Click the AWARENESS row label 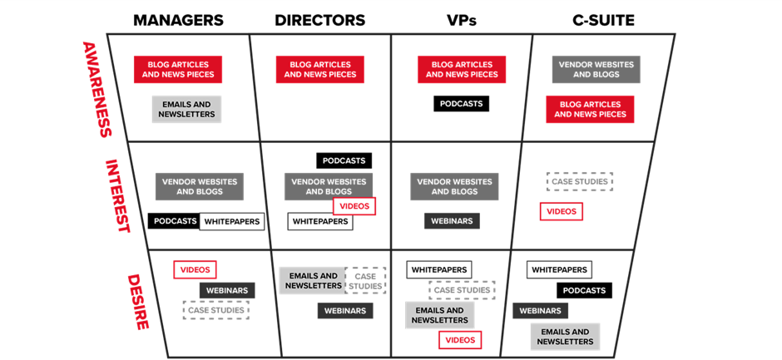[x=97, y=88]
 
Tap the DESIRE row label [x=137, y=300]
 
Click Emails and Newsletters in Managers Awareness [x=186, y=109]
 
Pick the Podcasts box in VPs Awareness [x=461, y=104]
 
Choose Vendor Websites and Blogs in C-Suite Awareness [x=596, y=69]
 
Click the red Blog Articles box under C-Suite [x=590, y=109]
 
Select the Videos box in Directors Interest [x=354, y=206]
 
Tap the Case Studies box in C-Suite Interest [x=580, y=180]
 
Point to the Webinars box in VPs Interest [x=452, y=221]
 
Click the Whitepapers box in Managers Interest [x=232, y=221]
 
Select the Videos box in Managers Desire [x=195, y=269]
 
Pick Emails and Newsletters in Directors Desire [x=312, y=280]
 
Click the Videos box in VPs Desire [x=460, y=339]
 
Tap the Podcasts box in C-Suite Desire [x=584, y=290]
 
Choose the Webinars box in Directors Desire [x=345, y=310]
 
